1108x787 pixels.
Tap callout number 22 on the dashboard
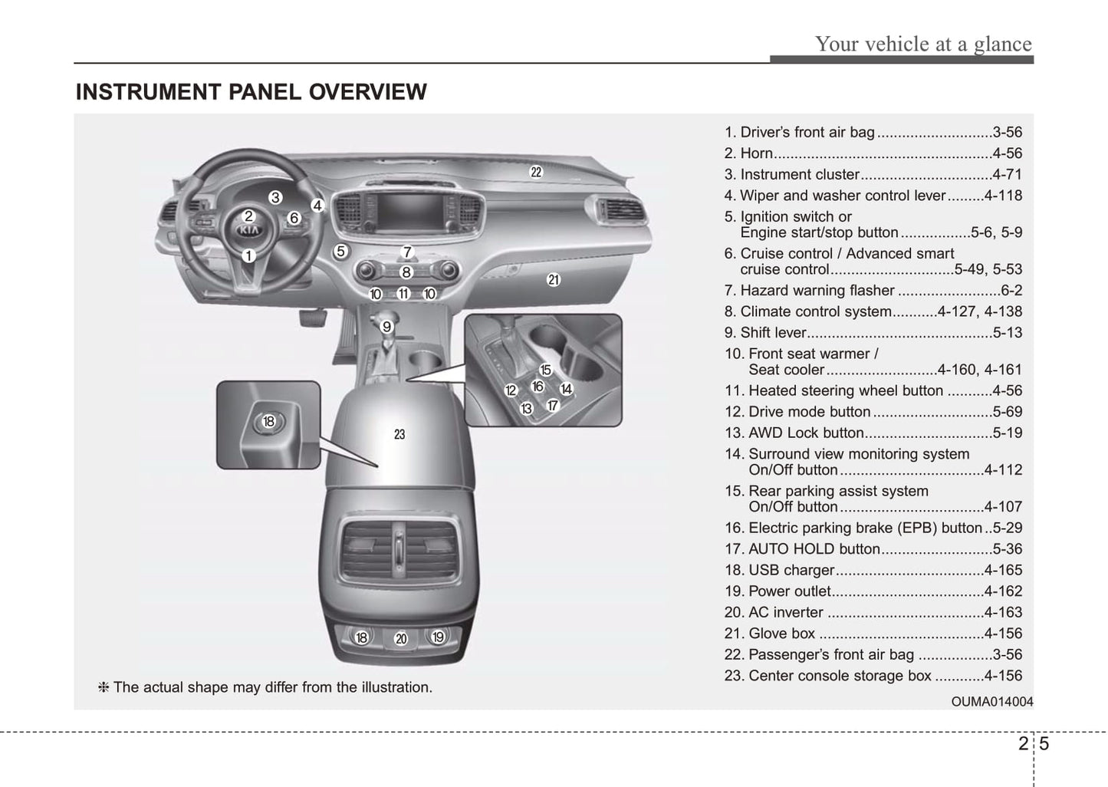536,173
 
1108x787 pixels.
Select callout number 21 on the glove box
554,280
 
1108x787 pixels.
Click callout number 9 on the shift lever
387,327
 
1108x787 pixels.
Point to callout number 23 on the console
399,434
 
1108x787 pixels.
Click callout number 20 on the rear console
400,638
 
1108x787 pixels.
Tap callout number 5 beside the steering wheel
341,251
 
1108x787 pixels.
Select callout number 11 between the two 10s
403,294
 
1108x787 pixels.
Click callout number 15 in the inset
545,370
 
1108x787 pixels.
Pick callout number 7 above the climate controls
408,252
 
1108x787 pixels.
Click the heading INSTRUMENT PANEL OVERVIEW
251,92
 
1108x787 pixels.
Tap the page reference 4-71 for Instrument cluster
1007,175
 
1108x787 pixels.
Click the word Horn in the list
756,153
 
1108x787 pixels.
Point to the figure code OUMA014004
991,702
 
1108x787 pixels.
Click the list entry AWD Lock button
805,433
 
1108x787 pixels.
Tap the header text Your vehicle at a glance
923,44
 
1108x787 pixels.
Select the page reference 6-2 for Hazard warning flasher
1011,291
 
